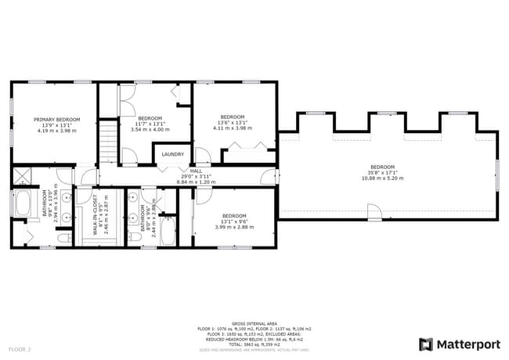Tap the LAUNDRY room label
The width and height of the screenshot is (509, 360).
coord(172,154)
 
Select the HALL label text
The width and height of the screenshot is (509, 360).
coord(196,171)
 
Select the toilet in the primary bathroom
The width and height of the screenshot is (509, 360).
coord(66,236)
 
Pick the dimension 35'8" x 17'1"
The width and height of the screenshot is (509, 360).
coord(383,173)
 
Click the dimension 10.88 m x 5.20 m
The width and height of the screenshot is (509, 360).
coord(383,178)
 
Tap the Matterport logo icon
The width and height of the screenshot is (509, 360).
coord(426,344)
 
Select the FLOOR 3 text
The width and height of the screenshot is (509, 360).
coord(20,347)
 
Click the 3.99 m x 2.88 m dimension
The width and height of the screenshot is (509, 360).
coord(233,227)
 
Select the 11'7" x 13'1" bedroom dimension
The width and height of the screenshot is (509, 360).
coord(149,124)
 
